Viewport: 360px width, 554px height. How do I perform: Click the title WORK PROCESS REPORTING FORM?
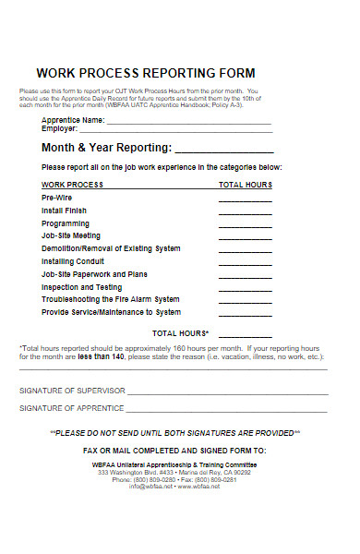(145, 73)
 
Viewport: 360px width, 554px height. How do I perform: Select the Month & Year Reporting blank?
(224, 151)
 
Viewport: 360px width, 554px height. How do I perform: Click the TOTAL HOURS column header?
(245, 185)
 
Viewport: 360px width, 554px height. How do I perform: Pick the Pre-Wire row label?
(54, 199)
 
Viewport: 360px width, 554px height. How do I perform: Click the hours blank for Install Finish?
(245, 213)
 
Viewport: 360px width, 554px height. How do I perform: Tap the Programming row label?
(66, 223)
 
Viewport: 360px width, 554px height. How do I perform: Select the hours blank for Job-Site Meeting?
(245, 238)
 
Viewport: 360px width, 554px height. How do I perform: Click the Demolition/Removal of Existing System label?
(111, 248)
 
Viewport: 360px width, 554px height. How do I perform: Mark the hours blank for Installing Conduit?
(245, 264)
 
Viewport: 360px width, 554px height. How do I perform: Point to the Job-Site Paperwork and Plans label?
(94, 274)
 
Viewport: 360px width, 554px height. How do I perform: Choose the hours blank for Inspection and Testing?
(245, 289)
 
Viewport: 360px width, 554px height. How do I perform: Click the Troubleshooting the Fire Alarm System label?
(111, 299)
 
